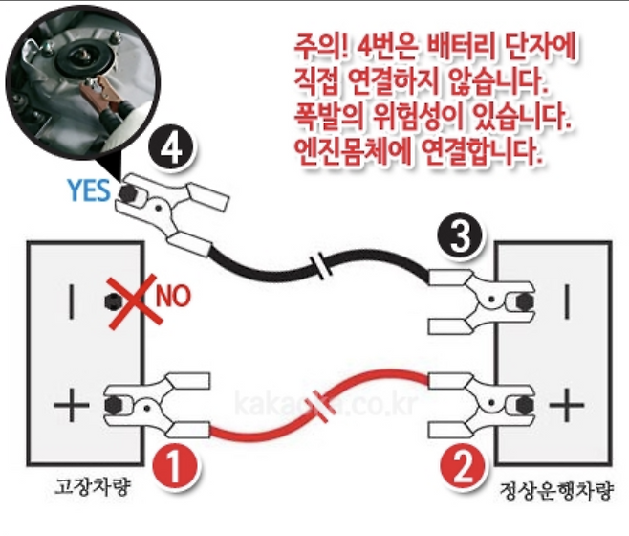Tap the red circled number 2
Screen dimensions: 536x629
pyautogui.click(x=462, y=469)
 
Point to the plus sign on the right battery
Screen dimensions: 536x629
pyautogui.click(x=567, y=406)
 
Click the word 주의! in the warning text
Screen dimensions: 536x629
pyautogui.click(x=321, y=48)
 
